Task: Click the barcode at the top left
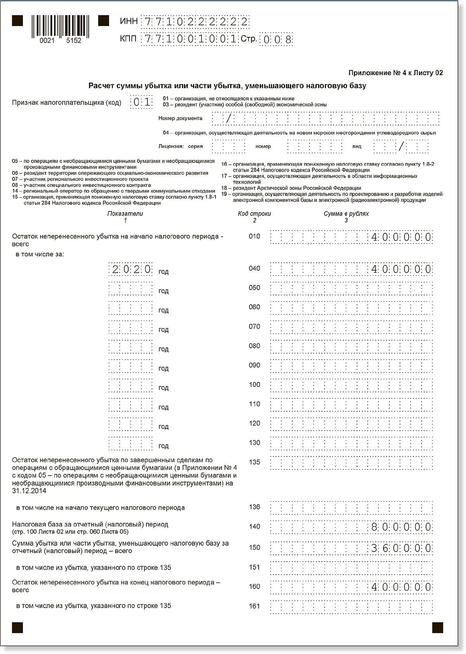coord(60,26)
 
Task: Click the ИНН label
coord(129,21)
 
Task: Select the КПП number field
coord(190,39)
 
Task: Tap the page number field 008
coord(276,40)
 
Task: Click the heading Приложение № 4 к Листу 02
coord(395,73)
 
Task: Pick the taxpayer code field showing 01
coord(141,102)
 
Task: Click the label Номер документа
coord(180,118)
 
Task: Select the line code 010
coord(254,236)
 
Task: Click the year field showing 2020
coord(130,269)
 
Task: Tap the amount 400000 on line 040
coord(402,269)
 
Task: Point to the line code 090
coord(254,365)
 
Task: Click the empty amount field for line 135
coord(351,463)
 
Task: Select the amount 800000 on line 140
coord(402,527)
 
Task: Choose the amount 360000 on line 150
coord(402,548)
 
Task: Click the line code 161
coord(254,606)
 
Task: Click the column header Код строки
coord(254,214)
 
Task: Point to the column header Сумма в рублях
coord(346,214)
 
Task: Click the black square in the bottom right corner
coord(438,627)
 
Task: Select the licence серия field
coord(228,147)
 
